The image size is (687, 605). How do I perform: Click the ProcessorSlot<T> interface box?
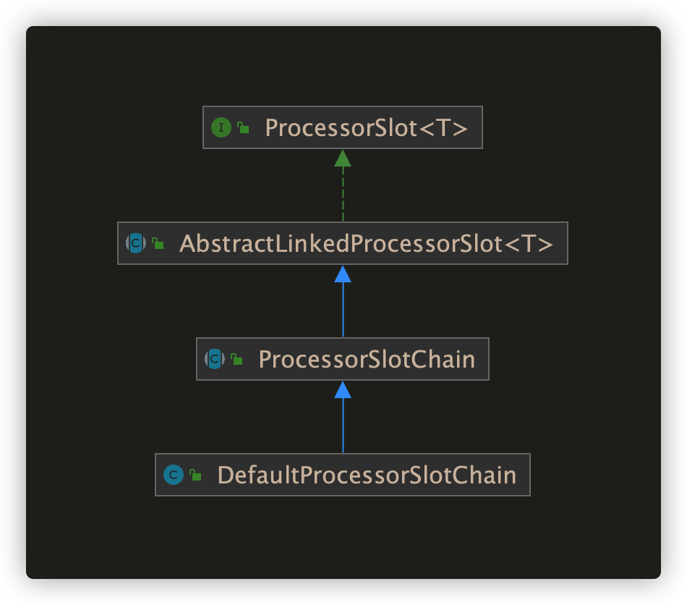pyautogui.click(x=343, y=127)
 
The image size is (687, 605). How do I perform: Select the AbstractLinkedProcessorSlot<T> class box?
pyautogui.click(x=343, y=243)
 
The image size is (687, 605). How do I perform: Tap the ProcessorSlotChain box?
pyautogui.click(x=343, y=359)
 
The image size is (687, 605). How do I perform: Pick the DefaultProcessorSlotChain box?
pyautogui.click(x=343, y=475)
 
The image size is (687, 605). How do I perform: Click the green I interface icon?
pyautogui.click(x=221, y=127)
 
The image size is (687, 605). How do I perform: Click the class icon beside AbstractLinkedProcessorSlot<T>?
pyautogui.click(x=136, y=243)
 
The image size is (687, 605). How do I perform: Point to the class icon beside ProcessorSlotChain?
pyautogui.click(x=215, y=359)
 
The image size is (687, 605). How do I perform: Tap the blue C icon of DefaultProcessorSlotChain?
pyautogui.click(x=174, y=475)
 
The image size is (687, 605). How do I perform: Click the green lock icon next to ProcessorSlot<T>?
pyautogui.click(x=243, y=127)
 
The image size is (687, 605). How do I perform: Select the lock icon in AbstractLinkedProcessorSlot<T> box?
pyautogui.click(x=158, y=243)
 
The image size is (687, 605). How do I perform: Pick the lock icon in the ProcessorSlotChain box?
pyautogui.click(x=236, y=359)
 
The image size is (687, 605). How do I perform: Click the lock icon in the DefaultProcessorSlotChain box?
pyautogui.click(x=195, y=475)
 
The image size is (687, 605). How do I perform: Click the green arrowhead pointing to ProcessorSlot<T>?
pyautogui.click(x=343, y=158)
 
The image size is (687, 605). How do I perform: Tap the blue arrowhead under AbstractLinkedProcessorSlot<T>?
pyautogui.click(x=343, y=274)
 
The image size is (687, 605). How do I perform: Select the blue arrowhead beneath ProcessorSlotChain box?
pyautogui.click(x=343, y=390)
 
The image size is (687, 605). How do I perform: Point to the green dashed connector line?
pyautogui.click(x=343, y=194)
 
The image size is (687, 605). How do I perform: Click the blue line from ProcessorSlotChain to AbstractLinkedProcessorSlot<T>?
pyautogui.click(x=343, y=310)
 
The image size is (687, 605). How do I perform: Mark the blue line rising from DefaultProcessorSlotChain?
pyautogui.click(x=343, y=426)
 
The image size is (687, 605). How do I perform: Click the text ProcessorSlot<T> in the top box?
pyautogui.click(x=367, y=128)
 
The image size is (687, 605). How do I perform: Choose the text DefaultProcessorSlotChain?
pyautogui.click(x=367, y=475)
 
